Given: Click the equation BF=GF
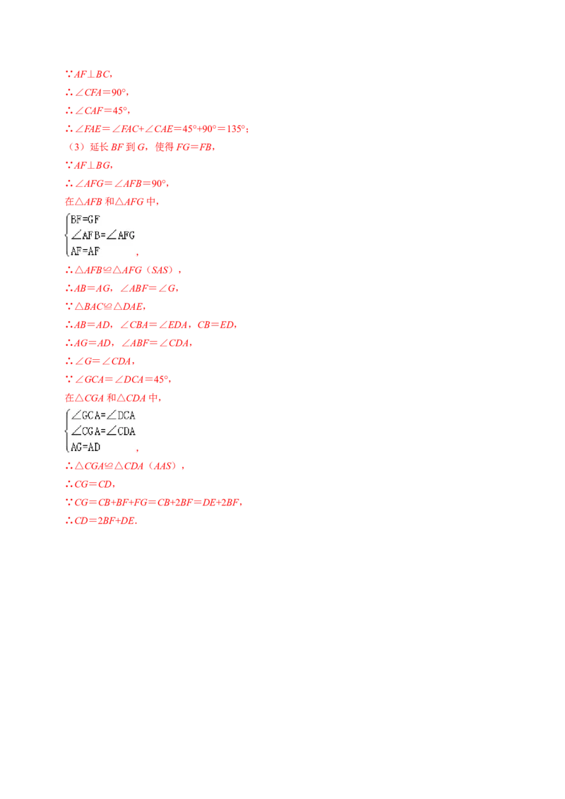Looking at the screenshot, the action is click(x=85, y=220).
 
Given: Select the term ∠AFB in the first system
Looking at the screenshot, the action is click(x=86, y=235).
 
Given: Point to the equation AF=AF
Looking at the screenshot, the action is click(x=85, y=250).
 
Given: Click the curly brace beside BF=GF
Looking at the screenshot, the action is click(x=66, y=234).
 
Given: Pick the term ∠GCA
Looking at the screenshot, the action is click(x=86, y=416).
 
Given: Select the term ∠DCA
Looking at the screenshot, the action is click(x=121, y=416).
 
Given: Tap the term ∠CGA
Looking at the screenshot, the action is click(x=86, y=431).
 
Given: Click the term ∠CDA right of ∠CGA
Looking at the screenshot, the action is click(x=121, y=431).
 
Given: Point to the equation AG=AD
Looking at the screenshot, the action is click(x=85, y=447).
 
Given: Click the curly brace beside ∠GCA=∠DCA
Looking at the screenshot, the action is click(x=66, y=431).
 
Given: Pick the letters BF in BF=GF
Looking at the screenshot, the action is click(x=76, y=220).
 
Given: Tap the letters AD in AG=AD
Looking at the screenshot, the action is click(x=94, y=447).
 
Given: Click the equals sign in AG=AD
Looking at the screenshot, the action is click(x=85, y=447).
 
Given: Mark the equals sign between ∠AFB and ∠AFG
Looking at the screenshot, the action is click(x=104, y=235).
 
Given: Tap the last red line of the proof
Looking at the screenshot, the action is click(x=100, y=522).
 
